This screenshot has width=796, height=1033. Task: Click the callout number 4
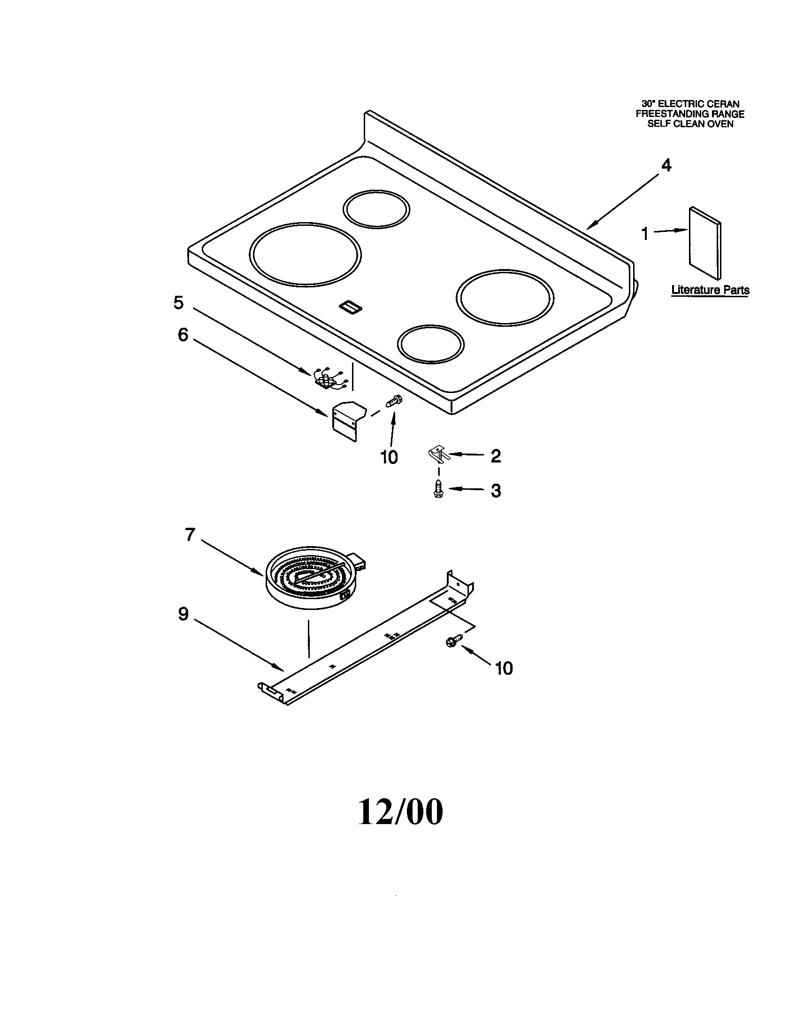(666, 166)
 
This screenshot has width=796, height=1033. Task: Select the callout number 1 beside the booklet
(645, 233)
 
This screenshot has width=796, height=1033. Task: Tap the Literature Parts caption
(710, 289)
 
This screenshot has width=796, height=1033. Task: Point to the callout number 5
(178, 302)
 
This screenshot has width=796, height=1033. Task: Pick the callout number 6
(183, 335)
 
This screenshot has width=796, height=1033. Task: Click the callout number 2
(495, 456)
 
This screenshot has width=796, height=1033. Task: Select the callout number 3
(495, 491)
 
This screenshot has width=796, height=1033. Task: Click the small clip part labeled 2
(438, 455)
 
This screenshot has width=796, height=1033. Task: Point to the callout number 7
(190, 535)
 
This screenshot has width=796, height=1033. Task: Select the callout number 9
(183, 614)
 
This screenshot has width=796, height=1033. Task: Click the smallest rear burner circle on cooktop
(376, 208)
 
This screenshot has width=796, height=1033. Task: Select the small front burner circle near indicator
(430, 344)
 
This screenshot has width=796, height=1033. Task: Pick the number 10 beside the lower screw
(504, 668)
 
